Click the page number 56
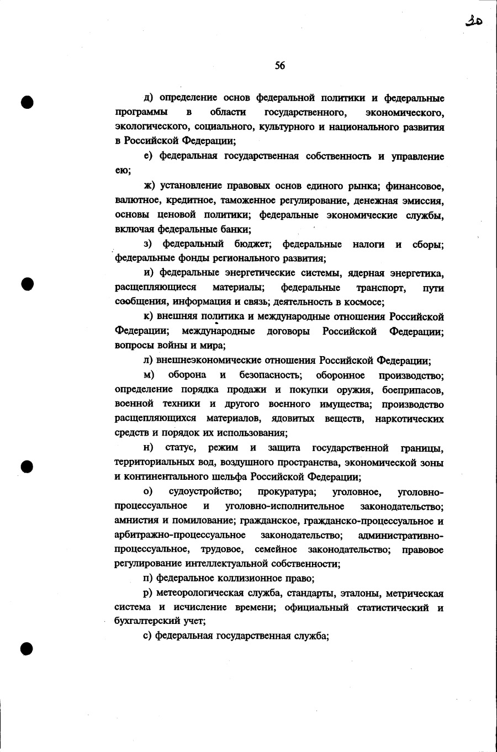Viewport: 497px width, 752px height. tap(280, 66)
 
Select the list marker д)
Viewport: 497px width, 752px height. tap(149, 98)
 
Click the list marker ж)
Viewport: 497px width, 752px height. tap(149, 186)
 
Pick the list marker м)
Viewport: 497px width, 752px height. tap(149, 375)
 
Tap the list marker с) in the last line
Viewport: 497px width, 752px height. tap(148, 636)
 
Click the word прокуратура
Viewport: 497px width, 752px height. tap(287, 492)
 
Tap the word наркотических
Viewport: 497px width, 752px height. tap(409, 419)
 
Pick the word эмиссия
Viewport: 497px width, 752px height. tap(422, 200)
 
